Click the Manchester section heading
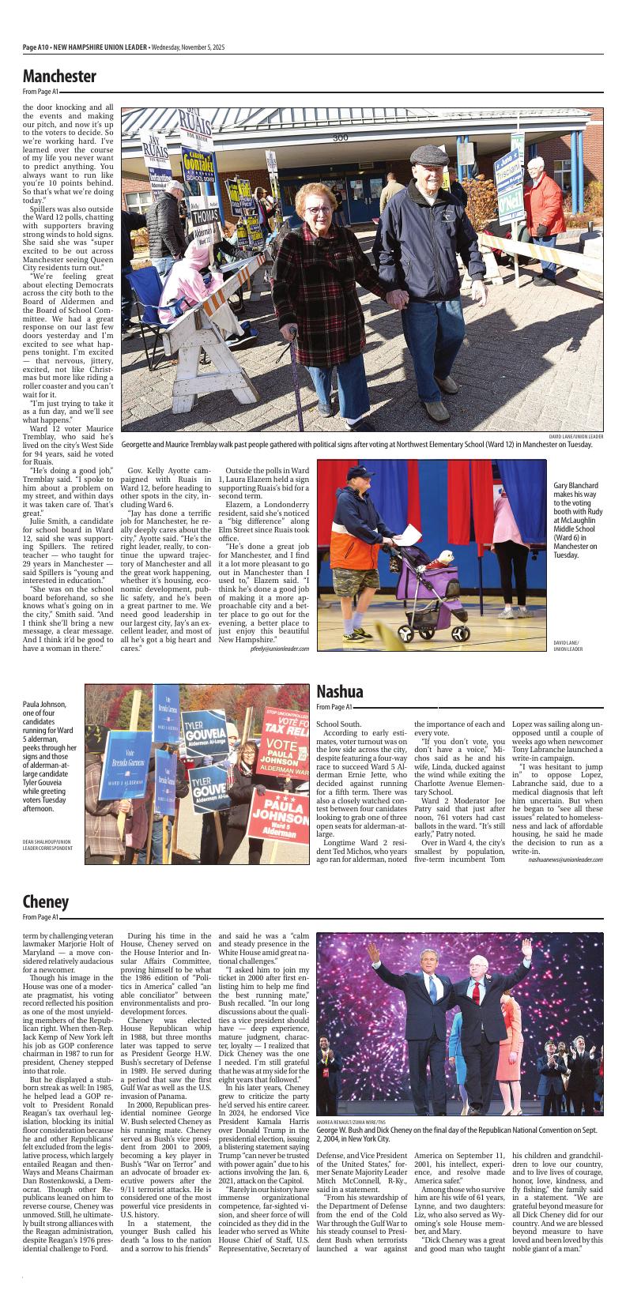pos(59,77)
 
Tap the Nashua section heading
pos(340,693)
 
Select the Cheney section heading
pos(45,902)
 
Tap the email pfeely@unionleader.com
pos(280,670)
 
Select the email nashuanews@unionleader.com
pos(565,860)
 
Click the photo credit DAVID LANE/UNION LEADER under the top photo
pos(576,436)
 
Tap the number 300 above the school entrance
pos(341,137)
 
